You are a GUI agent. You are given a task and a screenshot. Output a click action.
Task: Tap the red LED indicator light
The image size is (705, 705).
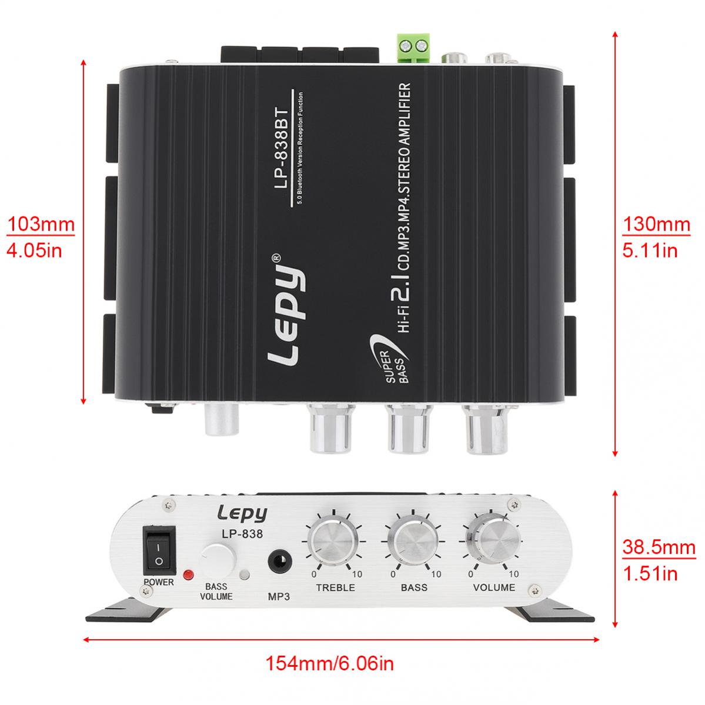pyautogui.click(x=189, y=574)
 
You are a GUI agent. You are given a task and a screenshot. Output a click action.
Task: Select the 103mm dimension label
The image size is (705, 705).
pyautogui.click(x=41, y=225)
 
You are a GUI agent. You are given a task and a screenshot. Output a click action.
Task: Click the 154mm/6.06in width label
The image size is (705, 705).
pyautogui.click(x=330, y=664)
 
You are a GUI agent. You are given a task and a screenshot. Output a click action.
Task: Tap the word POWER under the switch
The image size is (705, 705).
pyautogui.click(x=158, y=582)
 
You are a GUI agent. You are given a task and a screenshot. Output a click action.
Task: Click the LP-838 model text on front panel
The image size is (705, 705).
pyautogui.click(x=242, y=534)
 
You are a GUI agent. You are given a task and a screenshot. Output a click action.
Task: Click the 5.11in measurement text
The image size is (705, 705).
pyautogui.click(x=650, y=251)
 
